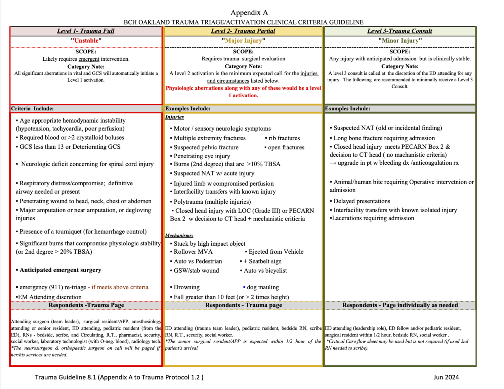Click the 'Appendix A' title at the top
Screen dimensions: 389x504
[249, 13]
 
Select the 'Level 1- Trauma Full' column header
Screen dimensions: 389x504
[86, 31]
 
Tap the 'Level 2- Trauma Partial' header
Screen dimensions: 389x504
[243, 31]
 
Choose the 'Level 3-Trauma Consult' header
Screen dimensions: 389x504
[400, 31]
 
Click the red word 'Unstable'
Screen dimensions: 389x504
[86, 41]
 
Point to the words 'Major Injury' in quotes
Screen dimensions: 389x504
[243, 41]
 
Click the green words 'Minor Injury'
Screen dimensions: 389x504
[400, 41]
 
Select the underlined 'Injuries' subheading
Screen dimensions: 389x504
[174, 117]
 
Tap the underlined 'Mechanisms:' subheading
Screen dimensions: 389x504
[179, 235]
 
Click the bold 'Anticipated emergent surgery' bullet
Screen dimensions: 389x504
[60, 270]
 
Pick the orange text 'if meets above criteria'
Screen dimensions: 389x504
[120, 287]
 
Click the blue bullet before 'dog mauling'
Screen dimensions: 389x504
[244, 287]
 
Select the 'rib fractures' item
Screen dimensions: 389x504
[284, 138]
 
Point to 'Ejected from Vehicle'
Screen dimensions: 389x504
[276, 252]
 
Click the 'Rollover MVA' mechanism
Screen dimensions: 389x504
[193, 252]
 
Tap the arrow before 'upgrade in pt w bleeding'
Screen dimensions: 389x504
[333, 163]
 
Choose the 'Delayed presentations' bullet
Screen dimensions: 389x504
[362, 201]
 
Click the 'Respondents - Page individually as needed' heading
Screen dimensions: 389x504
[400, 305]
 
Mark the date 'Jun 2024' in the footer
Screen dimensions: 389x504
[446, 377]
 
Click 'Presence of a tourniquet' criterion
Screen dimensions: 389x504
[83, 232]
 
